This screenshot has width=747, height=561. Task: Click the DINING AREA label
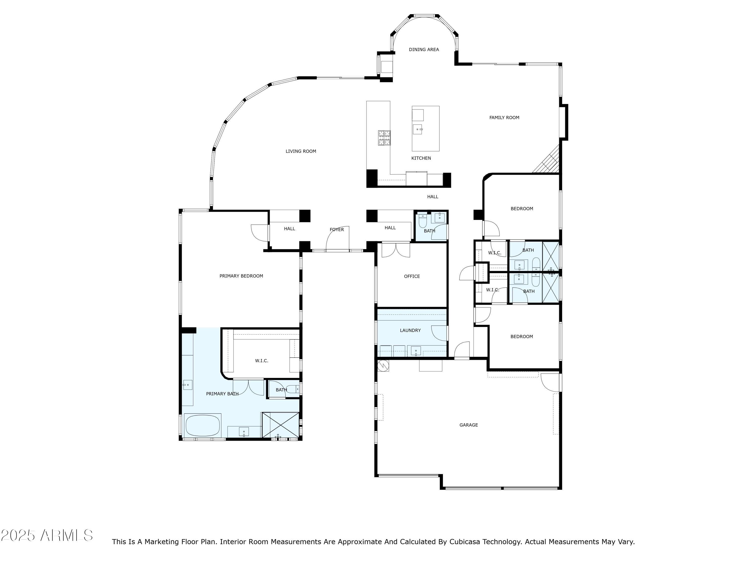coord(424,49)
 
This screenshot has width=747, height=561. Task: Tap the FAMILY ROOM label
coord(504,118)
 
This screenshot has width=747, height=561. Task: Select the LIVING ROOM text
coord(301,151)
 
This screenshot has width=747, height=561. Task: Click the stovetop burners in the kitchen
coord(384,138)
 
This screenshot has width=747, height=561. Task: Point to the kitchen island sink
coord(418,129)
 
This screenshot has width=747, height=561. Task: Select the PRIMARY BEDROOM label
coord(241,276)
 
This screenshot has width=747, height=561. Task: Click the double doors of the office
coord(396,250)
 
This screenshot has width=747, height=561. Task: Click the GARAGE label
coord(468,425)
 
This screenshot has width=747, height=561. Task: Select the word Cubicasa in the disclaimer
coord(464,542)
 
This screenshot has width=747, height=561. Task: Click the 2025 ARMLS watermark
coord(47,536)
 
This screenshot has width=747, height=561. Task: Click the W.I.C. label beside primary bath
coord(261,361)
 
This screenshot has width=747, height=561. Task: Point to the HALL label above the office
coord(390,228)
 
